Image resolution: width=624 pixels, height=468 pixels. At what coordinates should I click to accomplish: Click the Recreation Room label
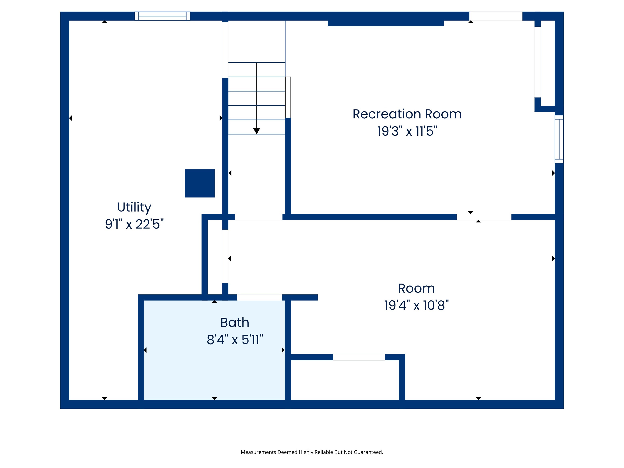point(407,114)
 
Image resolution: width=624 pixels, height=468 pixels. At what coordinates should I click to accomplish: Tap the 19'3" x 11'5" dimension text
point(407,131)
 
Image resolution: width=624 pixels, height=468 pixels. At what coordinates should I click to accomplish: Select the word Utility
point(134,207)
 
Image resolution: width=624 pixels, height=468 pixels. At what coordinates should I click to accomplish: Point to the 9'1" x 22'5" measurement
point(134,224)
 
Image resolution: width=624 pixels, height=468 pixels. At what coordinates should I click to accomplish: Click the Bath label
point(235,322)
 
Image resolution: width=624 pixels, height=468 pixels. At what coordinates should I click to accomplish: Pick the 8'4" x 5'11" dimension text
point(235,339)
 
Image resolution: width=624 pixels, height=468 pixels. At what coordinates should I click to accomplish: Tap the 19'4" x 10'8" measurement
point(416,305)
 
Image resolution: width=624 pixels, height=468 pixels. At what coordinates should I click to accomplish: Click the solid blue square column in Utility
point(200,183)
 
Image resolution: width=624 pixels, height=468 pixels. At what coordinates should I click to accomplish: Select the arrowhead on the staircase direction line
point(256,131)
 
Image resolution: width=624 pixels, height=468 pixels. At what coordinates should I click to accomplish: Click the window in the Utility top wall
point(162,16)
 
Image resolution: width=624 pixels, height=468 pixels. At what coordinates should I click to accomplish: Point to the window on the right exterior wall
point(559,139)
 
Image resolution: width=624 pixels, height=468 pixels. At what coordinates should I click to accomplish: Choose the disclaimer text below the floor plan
point(312,452)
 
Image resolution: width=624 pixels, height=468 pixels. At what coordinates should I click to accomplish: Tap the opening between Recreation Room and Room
point(484,217)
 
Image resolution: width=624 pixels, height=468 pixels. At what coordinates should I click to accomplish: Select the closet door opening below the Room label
point(359,357)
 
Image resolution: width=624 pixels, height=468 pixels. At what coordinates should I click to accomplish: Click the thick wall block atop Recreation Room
point(386,23)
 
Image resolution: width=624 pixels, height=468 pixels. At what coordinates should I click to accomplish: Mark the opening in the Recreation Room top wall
point(496,16)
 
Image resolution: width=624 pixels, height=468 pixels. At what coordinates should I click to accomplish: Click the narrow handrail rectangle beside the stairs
point(288,97)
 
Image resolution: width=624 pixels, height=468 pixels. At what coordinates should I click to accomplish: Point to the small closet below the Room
point(345,380)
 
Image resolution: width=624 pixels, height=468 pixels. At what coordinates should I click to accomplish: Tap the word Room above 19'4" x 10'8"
point(416,288)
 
